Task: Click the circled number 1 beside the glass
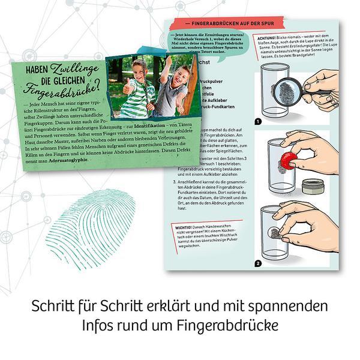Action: [x=259, y=121]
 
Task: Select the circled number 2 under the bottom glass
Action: [x=259, y=262]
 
